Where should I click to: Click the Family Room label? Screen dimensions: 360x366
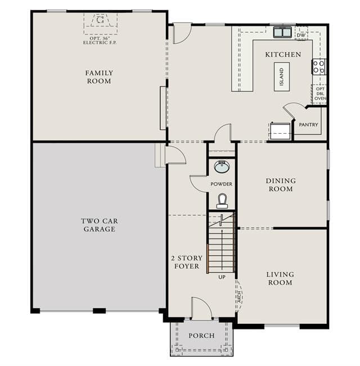[x=99, y=77]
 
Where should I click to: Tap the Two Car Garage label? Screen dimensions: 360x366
[x=100, y=225]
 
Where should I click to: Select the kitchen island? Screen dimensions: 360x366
[x=282, y=77]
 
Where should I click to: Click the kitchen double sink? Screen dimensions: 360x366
[x=282, y=32]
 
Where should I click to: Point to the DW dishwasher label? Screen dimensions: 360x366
[x=301, y=35]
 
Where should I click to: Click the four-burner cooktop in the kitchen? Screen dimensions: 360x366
[x=319, y=67]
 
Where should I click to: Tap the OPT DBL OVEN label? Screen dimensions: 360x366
[x=320, y=93]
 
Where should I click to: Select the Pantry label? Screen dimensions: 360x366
[x=308, y=125]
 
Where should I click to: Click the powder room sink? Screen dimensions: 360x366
[x=222, y=166]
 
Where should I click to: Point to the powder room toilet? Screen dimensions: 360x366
[x=222, y=201]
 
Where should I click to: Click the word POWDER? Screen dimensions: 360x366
[x=221, y=184]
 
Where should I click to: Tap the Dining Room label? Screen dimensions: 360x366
[x=281, y=184]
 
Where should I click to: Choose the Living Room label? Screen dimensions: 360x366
[x=280, y=278]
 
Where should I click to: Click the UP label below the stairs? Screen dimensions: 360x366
[x=222, y=277]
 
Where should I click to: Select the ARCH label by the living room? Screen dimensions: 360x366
[x=240, y=297]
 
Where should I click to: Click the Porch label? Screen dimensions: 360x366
[x=201, y=336]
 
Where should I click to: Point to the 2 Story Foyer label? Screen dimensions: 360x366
[x=187, y=262]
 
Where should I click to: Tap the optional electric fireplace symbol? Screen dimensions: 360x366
[x=100, y=20]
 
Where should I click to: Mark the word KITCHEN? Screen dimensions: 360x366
[x=283, y=55]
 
